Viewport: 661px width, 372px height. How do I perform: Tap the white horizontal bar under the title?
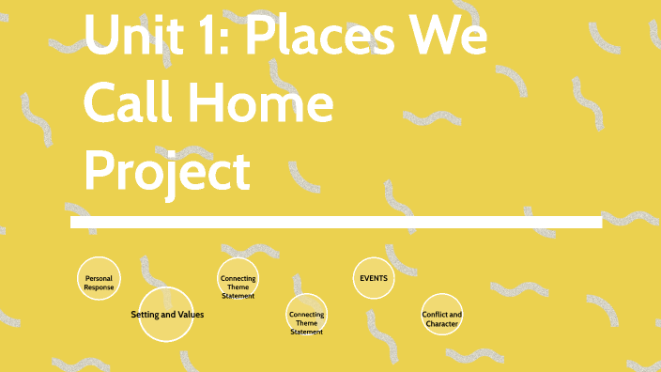(x=335, y=222)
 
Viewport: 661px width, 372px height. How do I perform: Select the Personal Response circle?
(x=99, y=279)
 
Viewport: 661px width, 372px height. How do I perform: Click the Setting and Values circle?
(x=165, y=315)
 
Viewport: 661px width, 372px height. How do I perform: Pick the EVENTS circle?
(x=373, y=278)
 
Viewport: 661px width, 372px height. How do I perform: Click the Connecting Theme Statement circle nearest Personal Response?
(x=238, y=279)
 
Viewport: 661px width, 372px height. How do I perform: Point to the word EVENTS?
(x=373, y=278)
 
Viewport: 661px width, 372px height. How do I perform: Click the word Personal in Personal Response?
(x=99, y=278)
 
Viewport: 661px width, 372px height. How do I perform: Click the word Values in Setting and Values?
(x=190, y=315)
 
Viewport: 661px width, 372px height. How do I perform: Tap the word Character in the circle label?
(x=441, y=323)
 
